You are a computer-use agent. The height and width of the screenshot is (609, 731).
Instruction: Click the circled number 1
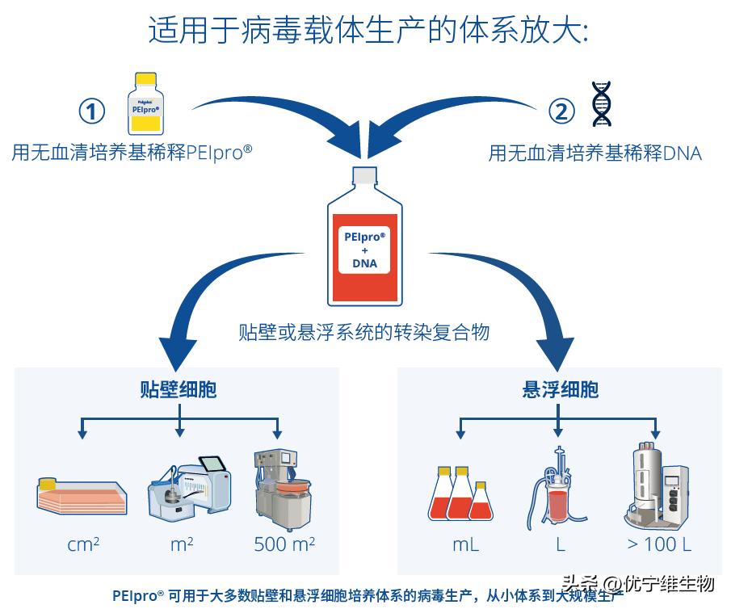click(91, 111)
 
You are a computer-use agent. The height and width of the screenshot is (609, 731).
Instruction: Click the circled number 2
click(561, 111)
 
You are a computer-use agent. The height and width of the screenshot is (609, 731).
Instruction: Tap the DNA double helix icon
click(601, 104)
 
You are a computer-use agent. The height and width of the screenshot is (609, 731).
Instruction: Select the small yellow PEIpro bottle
click(145, 103)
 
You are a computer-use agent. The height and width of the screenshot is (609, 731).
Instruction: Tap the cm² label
click(83, 544)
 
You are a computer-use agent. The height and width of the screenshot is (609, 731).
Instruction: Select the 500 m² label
click(284, 544)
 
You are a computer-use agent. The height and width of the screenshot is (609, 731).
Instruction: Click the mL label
click(465, 544)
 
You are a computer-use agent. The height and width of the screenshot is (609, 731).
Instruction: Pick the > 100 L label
click(659, 544)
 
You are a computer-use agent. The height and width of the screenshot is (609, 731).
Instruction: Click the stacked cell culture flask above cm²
click(82, 495)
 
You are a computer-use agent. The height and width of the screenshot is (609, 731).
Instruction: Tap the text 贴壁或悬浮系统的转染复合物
click(363, 332)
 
